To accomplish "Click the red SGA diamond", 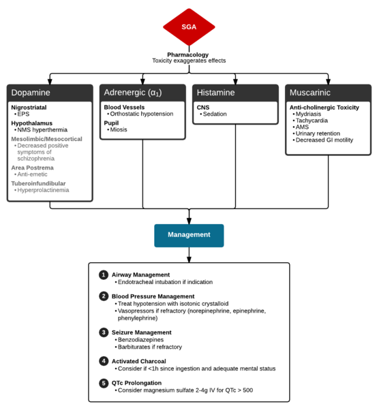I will [189, 27].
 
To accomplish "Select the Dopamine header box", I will [50, 92].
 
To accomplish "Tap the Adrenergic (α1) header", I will [142, 92].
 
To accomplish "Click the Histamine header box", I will [235, 92].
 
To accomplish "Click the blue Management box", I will [189, 234].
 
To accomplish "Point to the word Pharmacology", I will [188, 54].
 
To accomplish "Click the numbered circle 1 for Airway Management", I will [104, 274].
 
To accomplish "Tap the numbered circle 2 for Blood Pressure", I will [104, 296].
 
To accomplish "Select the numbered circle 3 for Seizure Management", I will [104, 332].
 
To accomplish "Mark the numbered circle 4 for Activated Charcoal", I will [104, 361].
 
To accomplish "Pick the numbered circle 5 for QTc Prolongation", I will [104, 383].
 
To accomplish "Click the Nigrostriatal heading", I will [30, 108].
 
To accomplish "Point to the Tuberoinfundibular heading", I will [40, 183].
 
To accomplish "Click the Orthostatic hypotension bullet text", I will [141, 114].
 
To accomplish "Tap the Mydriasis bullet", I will [309, 114].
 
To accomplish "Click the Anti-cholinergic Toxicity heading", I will [324, 107].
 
